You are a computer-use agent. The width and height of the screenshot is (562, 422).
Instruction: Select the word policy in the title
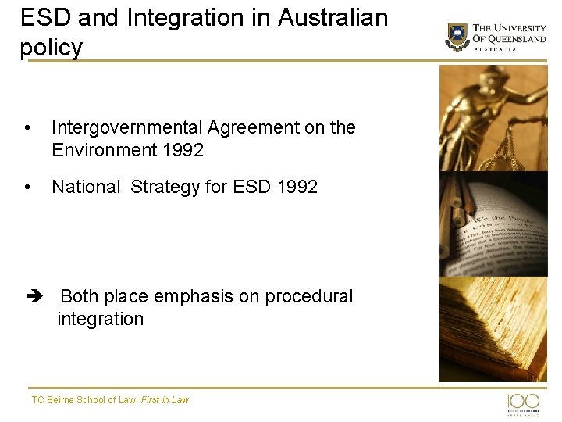[51, 48]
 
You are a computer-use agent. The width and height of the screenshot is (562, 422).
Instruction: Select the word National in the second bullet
[85, 187]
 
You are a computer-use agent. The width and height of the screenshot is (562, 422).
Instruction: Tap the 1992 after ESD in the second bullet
[297, 187]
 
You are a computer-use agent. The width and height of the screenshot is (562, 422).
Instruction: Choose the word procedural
[309, 297]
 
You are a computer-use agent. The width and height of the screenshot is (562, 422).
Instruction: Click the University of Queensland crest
[457, 37]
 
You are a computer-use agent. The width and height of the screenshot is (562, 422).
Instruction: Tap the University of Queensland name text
[509, 34]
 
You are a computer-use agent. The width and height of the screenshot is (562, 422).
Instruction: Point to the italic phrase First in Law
[165, 400]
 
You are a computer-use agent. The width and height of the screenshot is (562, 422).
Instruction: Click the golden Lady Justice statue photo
[493, 117]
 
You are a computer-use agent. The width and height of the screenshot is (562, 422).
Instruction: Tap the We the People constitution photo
[493, 224]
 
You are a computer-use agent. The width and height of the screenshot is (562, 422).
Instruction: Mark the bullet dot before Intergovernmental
[27, 128]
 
